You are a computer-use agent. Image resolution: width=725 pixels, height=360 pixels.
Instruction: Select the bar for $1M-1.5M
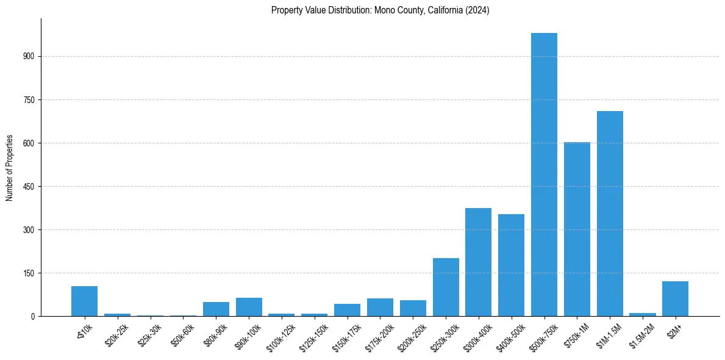[x=610, y=214]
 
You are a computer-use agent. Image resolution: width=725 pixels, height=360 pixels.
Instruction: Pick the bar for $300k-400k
[x=478, y=262]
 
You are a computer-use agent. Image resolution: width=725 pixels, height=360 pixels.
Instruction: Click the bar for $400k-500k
[x=511, y=265]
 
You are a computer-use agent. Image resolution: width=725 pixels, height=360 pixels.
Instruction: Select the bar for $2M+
[x=675, y=299]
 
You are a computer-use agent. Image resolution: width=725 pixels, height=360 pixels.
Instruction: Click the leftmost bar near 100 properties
[x=84, y=301]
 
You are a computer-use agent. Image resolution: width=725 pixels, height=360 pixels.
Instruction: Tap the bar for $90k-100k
[x=249, y=307]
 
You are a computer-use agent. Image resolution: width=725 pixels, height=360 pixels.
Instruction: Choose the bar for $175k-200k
[x=380, y=308]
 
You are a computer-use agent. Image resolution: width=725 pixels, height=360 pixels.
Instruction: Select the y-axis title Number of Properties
[x=9, y=168]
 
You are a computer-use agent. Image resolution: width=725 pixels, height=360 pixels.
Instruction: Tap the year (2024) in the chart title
[x=477, y=10]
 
